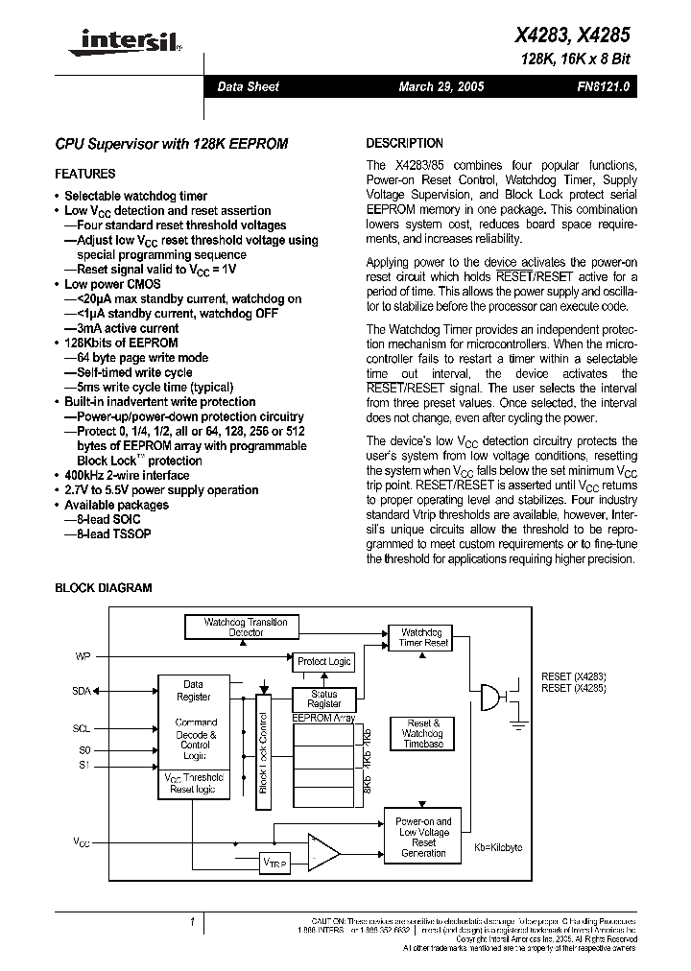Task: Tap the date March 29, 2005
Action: (441, 87)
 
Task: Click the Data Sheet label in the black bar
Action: (248, 87)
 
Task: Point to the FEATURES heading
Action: (85, 175)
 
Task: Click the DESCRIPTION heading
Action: (405, 143)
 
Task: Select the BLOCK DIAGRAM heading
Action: (103, 588)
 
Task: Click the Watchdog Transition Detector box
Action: (246, 628)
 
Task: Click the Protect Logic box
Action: (323, 661)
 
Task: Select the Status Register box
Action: (324, 699)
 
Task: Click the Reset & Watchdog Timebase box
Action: (423, 733)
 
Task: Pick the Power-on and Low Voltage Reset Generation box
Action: (423, 838)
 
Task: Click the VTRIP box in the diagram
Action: (274, 863)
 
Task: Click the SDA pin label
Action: (83, 691)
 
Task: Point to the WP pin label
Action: (83, 657)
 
